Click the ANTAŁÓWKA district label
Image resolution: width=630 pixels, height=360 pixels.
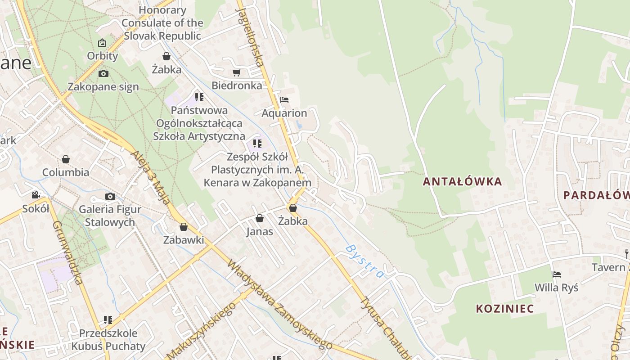click(x=462, y=182)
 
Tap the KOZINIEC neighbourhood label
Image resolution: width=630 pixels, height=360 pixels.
click(x=505, y=309)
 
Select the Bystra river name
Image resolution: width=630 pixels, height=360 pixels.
click(x=365, y=261)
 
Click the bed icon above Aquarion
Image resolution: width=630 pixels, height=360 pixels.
click(x=284, y=99)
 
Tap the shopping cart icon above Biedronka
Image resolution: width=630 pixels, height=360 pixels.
click(x=236, y=72)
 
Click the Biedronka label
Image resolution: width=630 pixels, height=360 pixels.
click(x=237, y=85)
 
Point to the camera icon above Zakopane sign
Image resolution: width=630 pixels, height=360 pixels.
click(x=103, y=73)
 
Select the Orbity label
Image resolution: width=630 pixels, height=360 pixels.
click(x=103, y=56)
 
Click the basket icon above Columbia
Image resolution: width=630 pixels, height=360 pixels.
click(x=66, y=159)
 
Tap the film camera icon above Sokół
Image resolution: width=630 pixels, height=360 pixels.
click(x=36, y=195)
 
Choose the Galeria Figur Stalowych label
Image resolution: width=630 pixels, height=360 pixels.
click(x=110, y=216)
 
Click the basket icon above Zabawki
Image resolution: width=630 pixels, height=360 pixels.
click(x=183, y=227)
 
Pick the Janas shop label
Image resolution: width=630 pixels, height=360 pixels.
click(x=260, y=232)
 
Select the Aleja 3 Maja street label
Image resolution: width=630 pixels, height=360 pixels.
click(x=150, y=177)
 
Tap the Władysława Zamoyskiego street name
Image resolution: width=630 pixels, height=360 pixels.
click(x=279, y=304)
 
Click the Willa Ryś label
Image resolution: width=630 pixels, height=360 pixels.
click(x=556, y=287)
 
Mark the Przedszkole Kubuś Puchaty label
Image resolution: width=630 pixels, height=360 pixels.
click(x=108, y=340)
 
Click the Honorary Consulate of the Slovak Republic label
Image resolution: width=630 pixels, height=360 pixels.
click(x=162, y=23)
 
